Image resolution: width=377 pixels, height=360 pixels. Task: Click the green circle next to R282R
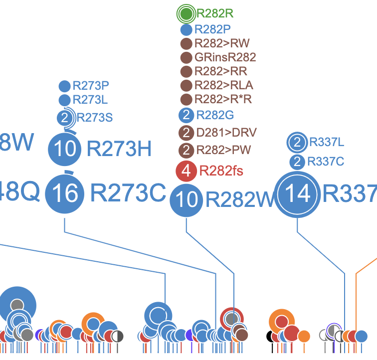click(x=187, y=14)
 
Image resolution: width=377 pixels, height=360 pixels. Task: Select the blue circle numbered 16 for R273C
click(x=65, y=193)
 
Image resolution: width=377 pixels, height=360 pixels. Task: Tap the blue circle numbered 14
click(x=298, y=193)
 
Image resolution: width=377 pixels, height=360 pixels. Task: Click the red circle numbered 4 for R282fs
click(x=186, y=172)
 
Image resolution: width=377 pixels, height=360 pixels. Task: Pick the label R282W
click(x=240, y=200)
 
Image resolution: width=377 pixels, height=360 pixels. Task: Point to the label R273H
click(x=119, y=149)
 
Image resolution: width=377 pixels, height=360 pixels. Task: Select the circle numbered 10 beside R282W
click(x=187, y=200)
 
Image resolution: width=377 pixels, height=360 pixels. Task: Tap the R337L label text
click(x=326, y=143)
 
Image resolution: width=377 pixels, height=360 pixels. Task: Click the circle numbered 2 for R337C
click(x=297, y=162)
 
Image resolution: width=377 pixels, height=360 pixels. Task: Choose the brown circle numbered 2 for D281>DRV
click(x=186, y=133)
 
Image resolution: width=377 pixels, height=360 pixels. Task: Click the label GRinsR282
click(x=225, y=57)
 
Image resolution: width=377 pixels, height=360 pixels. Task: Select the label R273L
click(x=90, y=100)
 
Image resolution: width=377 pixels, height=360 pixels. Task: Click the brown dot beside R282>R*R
click(x=186, y=99)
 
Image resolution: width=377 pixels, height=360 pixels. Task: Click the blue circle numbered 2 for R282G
click(x=186, y=116)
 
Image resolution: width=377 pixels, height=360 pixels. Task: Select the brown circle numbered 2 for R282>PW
click(x=186, y=150)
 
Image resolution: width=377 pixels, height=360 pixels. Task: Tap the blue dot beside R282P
click(x=187, y=29)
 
